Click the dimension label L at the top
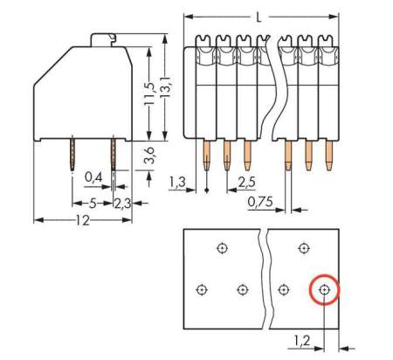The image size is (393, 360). coord(259,17)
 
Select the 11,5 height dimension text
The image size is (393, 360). coord(149,92)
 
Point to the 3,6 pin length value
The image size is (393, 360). coord(149,158)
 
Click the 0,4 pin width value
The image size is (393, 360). coord(93,177)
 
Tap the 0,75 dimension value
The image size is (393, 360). coord(260,203)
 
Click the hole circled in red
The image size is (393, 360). coord(324,288)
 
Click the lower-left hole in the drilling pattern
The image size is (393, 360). coord(203,288)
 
